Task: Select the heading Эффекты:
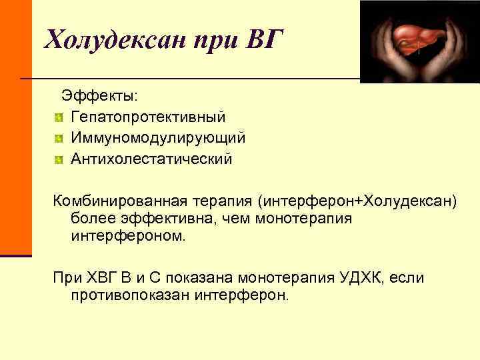100,96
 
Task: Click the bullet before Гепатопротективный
59,117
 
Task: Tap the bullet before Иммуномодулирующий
59,139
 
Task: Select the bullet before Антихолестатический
59,160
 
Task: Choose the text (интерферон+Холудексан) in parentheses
361,201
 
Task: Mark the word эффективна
155,218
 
